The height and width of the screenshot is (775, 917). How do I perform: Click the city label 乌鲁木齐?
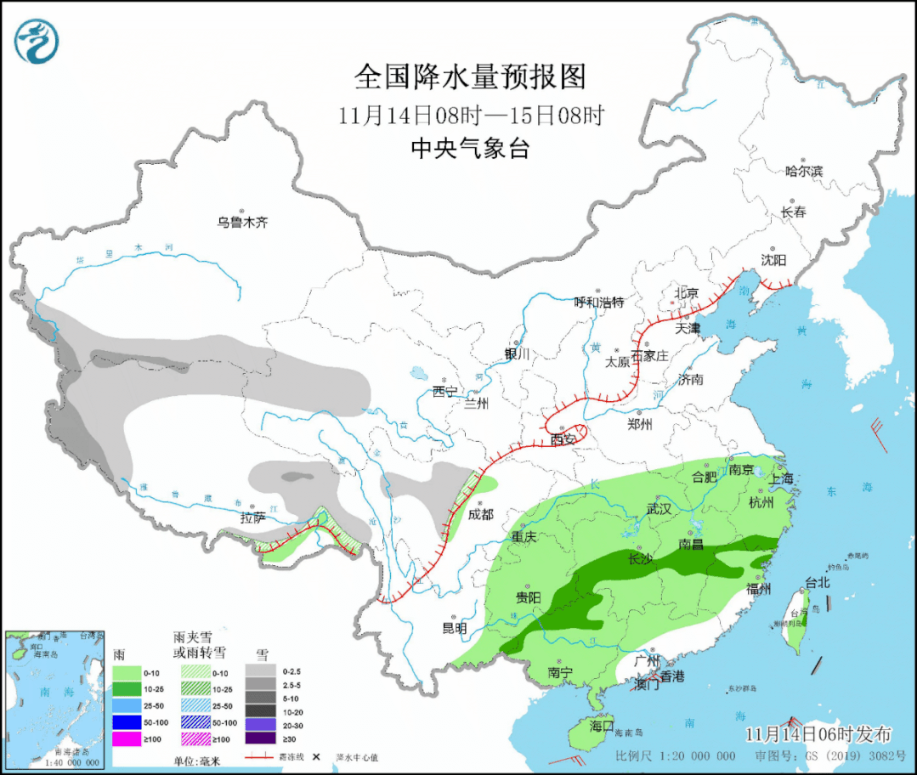coord(241,223)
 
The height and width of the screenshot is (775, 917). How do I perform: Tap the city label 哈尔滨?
coord(804,171)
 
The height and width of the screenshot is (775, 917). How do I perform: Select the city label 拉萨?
coord(252,518)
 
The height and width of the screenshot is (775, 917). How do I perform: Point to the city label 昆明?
coord(454,629)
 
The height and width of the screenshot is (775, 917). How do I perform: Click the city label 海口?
coord(602,727)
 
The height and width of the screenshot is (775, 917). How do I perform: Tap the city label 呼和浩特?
coord(599,303)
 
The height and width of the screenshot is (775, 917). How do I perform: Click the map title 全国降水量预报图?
coord(470,77)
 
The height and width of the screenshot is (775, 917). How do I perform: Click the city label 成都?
coord(481,514)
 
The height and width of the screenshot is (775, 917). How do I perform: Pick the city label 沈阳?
coord(773,259)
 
